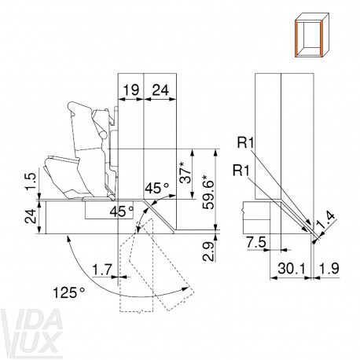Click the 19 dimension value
(131, 90)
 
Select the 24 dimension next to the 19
(160, 90)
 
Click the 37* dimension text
(186, 173)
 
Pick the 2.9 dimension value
(208, 252)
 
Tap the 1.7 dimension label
(102, 270)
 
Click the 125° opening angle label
(69, 292)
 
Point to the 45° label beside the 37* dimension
(157, 189)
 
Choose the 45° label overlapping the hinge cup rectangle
(122, 211)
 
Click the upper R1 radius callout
(245, 143)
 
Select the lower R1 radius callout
(241, 171)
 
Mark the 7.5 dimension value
(256, 242)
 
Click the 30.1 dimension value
(292, 269)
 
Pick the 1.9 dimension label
(329, 269)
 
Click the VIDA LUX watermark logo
(31, 331)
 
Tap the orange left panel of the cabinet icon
(297, 39)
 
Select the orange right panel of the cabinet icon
(320, 39)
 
